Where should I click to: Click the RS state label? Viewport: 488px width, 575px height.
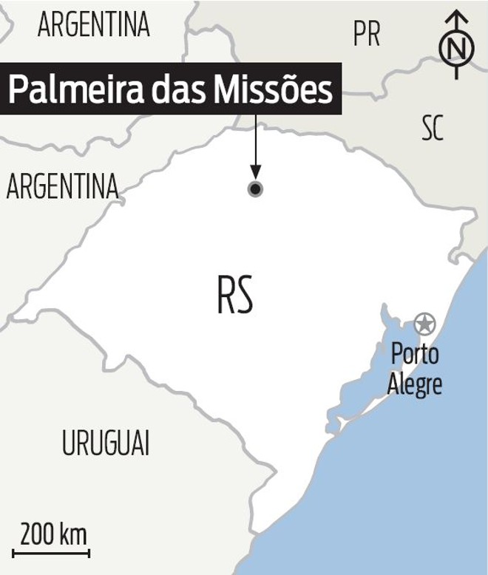point(236,295)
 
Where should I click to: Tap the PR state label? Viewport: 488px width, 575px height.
point(367,33)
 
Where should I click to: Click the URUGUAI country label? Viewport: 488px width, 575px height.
point(105,444)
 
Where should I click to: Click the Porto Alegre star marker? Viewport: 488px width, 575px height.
point(424,323)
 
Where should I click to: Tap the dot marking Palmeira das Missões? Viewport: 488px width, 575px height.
point(255,189)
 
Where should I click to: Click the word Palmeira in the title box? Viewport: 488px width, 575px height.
point(69,90)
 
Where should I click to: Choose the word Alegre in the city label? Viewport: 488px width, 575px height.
point(415,384)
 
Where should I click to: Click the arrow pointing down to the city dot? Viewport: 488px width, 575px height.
point(255,148)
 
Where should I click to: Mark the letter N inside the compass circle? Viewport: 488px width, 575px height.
point(458,49)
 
